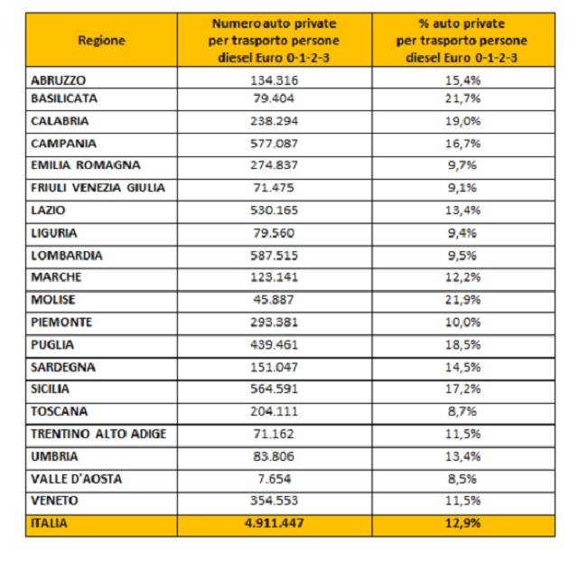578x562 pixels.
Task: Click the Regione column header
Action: pyautogui.click(x=101, y=41)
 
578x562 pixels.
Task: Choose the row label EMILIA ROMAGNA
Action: pyautogui.click(x=86, y=165)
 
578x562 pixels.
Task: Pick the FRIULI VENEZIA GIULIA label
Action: pyautogui.click(x=98, y=188)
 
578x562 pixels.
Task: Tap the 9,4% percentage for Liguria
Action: pyautogui.click(x=461, y=233)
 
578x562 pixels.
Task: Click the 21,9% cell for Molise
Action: pyautogui.click(x=461, y=300)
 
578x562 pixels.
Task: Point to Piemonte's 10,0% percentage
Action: pyautogui.click(x=461, y=323)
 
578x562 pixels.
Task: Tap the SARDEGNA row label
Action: pyautogui.click(x=62, y=368)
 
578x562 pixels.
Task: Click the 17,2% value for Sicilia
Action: pyautogui.click(x=461, y=389)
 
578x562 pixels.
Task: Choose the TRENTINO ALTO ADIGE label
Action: pyautogui.click(x=98, y=434)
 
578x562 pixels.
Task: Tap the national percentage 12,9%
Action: pyautogui.click(x=461, y=522)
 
